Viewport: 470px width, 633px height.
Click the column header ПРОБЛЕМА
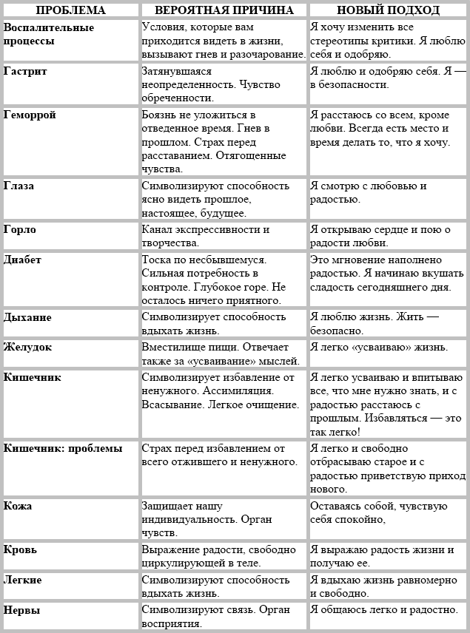[70, 10]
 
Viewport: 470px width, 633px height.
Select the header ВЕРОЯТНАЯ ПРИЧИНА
[223, 10]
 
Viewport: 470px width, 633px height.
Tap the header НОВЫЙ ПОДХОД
[388, 10]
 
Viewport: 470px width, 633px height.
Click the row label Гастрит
[25, 71]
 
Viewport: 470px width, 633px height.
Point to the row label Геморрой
[30, 115]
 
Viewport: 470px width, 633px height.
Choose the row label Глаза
[20, 186]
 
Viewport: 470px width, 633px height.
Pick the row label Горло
[20, 229]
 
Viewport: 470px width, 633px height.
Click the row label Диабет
[23, 260]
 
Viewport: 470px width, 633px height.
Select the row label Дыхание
[28, 317]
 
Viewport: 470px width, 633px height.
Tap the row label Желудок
[29, 347]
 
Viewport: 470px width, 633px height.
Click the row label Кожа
[18, 506]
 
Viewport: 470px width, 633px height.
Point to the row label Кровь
[21, 549]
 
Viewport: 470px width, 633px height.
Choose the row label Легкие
[23, 579]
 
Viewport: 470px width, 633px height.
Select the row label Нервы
[22, 610]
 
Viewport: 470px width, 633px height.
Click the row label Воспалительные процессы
[49, 34]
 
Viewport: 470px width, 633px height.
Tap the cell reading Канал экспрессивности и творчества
[206, 236]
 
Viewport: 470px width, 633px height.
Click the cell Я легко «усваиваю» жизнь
[379, 347]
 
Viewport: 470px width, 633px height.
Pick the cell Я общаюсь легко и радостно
[384, 610]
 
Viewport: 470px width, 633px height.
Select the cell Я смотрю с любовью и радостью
[369, 192]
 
